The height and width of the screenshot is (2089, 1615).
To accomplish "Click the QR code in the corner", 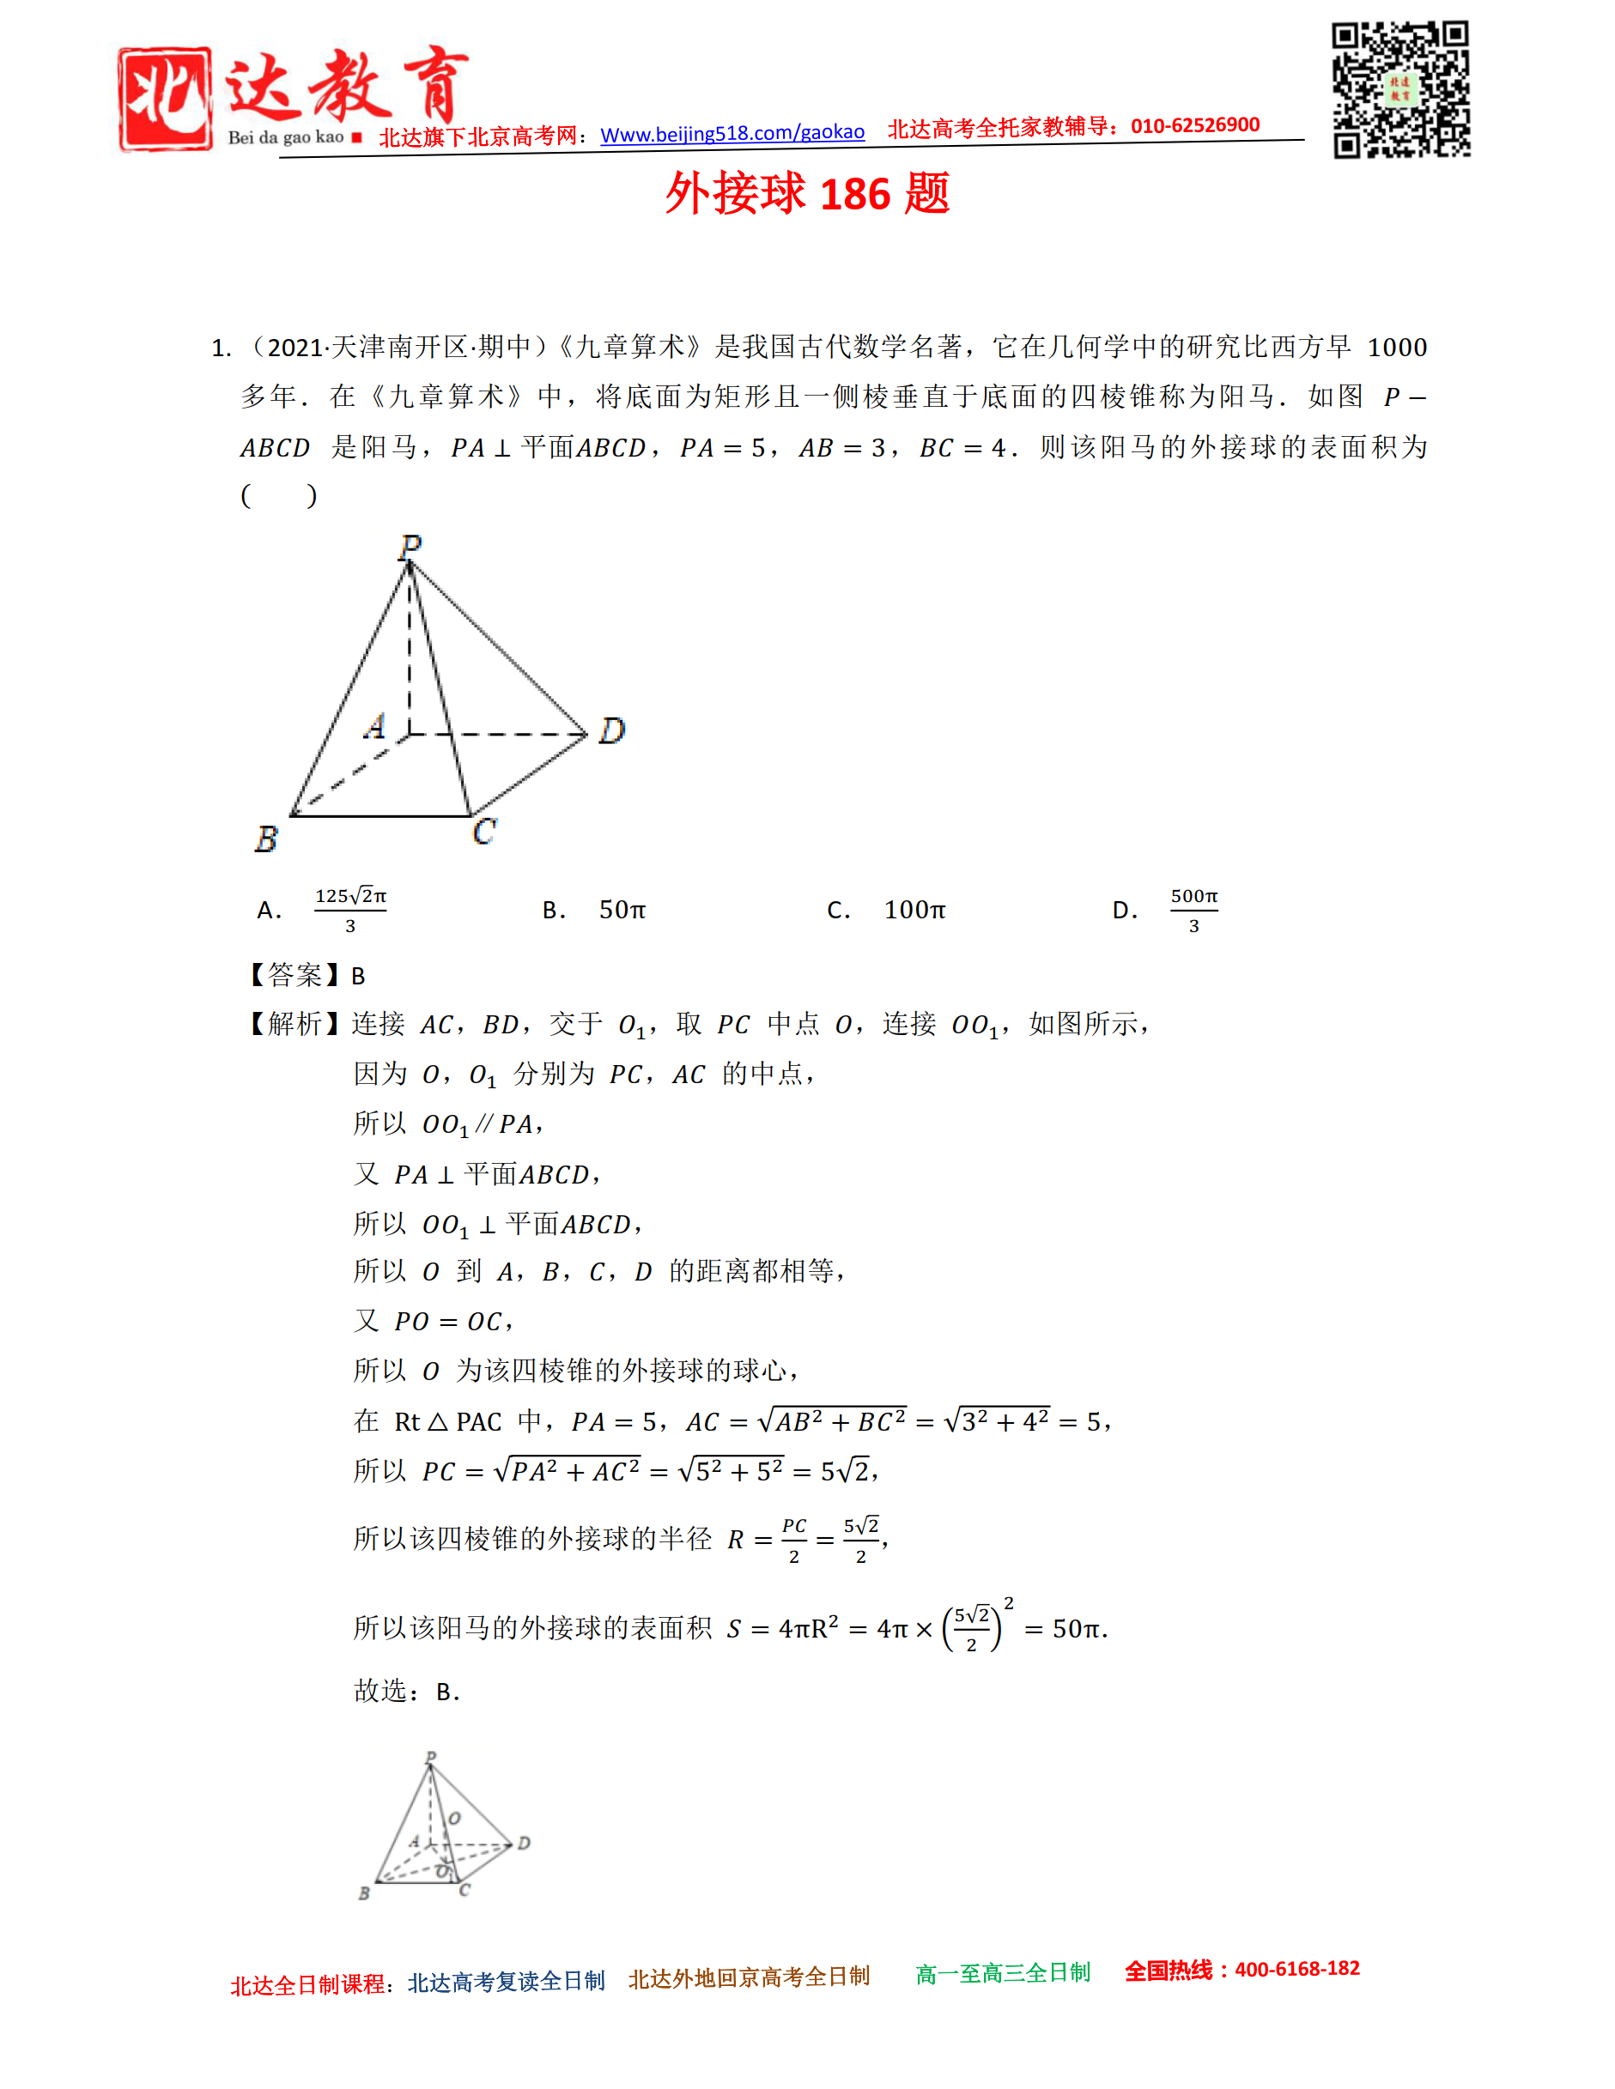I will pyautogui.click(x=1400, y=89).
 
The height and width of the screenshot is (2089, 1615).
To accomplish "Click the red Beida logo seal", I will pyautogui.click(x=165, y=99).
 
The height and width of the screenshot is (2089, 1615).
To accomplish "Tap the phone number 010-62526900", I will pyautogui.click(x=1195, y=125).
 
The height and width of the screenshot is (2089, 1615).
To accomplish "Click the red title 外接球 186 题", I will pyautogui.click(x=806, y=194).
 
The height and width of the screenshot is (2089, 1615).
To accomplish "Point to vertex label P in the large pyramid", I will pyautogui.click(x=410, y=546).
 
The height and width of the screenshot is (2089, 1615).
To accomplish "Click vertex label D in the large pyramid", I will pyautogui.click(x=611, y=730).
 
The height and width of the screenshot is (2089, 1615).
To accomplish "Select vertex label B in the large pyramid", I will pyautogui.click(x=266, y=839).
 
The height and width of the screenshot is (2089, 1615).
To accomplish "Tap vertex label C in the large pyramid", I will pyautogui.click(x=484, y=831).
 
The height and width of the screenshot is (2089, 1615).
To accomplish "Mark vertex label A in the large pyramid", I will pyautogui.click(x=375, y=726).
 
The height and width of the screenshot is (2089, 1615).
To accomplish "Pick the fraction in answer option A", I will pyautogui.click(x=350, y=910).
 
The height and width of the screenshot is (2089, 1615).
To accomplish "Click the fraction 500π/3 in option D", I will pyautogui.click(x=1194, y=910).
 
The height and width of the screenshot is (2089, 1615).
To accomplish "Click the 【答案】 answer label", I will pyautogui.click(x=295, y=976).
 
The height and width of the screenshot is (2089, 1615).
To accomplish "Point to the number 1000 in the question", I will pyautogui.click(x=1397, y=348).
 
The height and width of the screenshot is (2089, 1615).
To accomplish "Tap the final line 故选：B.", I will pyautogui.click(x=407, y=1691).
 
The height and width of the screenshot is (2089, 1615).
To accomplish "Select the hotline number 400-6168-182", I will pyautogui.click(x=1296, y=1969).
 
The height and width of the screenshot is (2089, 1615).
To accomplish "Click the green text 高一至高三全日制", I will pyautogui.click(x=1003, y=1972).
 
